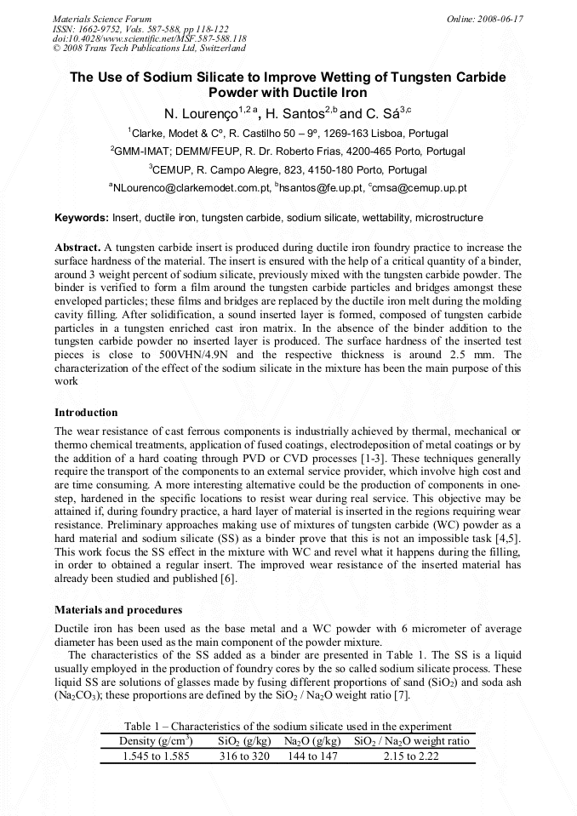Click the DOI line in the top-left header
(149, 38)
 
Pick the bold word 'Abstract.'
(77, 246)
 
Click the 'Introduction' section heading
(86, 412)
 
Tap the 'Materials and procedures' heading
(117, 610)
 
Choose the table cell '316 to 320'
(244, 756)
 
